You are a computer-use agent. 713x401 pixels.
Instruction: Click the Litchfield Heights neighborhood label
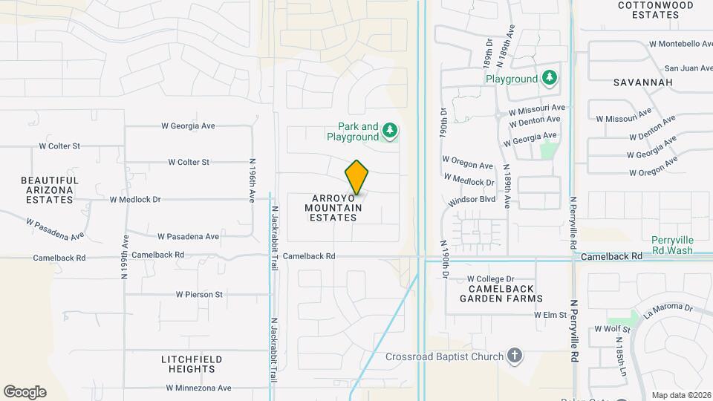[x=192, y=364]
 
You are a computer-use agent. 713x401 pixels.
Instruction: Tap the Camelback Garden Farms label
[x=501, y=293]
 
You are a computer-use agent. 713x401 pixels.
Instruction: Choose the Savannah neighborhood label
[x=643, y=82]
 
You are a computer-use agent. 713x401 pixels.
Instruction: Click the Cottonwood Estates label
[x=656, y=10]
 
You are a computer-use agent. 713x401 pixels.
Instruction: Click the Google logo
[x=25, y=392]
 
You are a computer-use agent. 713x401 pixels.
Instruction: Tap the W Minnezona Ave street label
[x=198, y=388]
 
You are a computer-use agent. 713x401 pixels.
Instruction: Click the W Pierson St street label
[x=199, y=294]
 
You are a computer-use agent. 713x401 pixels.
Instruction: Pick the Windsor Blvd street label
[x=472, y=200]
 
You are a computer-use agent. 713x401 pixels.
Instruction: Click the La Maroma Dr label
[x=668, y=308]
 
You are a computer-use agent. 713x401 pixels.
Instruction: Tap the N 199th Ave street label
[x=125, y=256]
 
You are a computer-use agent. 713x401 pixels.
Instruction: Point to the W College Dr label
[x=491, y=278]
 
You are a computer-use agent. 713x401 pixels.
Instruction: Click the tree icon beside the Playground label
[x=550, y=77]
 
